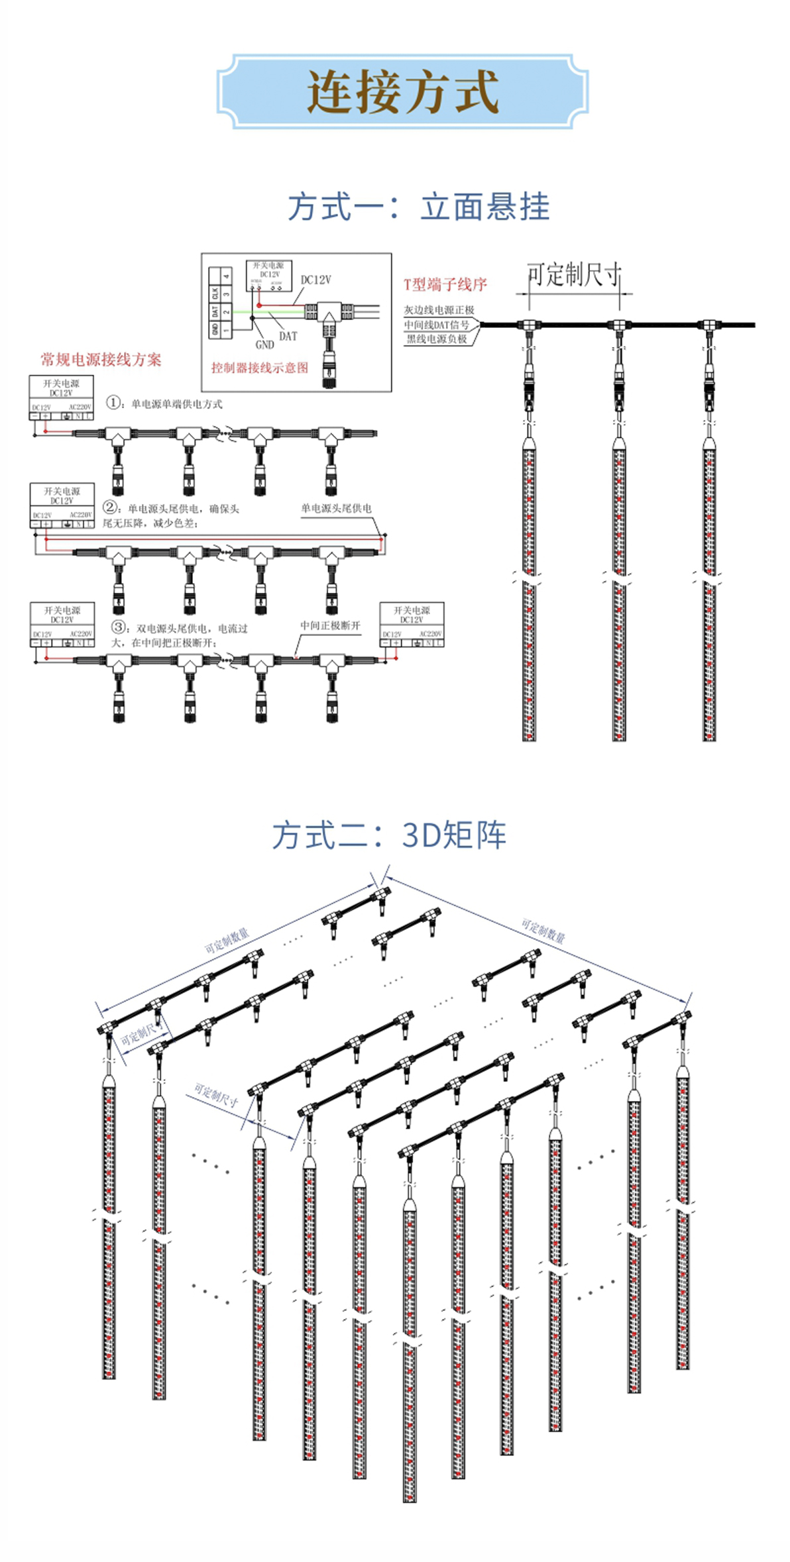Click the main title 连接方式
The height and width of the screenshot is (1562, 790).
click(x=402, y=91)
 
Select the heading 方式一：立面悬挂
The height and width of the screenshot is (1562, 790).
click(x=418, y=207)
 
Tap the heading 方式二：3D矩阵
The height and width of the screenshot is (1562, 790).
click(x=389, y=835)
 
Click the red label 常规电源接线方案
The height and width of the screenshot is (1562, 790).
click(x=101, y=360)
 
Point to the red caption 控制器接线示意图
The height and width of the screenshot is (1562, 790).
click(x=259, y=368)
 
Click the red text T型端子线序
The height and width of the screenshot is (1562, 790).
click(x=445, y=284)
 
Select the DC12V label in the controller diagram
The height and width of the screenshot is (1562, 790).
click(x=315, y=280)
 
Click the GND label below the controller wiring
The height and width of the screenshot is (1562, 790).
click(x=264, y=344)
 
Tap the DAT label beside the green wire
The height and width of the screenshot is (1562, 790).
click(x=288, y=336)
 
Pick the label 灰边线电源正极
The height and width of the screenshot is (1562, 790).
click(x=439, y=310)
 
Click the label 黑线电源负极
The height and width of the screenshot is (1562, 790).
click(x=437, y=338)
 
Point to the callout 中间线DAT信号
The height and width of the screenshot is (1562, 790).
click(x=437, y=325)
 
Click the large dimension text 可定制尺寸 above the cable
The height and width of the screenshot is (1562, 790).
click(x=574, y=274)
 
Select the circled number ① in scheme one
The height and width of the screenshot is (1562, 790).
click(x=113, y=402)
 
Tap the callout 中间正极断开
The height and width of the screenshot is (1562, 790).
click(x=330, y=625)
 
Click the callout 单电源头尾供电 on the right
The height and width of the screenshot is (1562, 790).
click(x=336, y=508)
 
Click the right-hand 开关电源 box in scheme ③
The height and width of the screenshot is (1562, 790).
click(x=412, y=623)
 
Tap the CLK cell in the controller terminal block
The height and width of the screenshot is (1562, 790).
click(x=215, y=293)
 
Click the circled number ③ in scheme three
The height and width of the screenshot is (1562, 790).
click(x=119, y=627)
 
